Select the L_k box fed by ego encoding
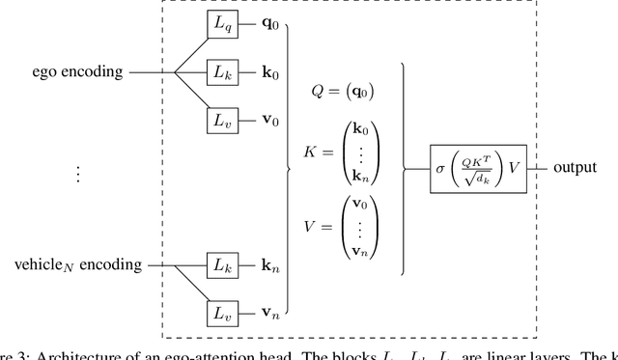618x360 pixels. coord(221,71)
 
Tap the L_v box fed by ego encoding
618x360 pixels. coord(221,121)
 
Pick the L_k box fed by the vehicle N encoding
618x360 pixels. coord(221,263)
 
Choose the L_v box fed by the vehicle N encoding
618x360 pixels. coord(221,313)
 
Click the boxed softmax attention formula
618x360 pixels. coord(480,168)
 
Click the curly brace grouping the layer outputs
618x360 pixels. coord(290,168)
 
